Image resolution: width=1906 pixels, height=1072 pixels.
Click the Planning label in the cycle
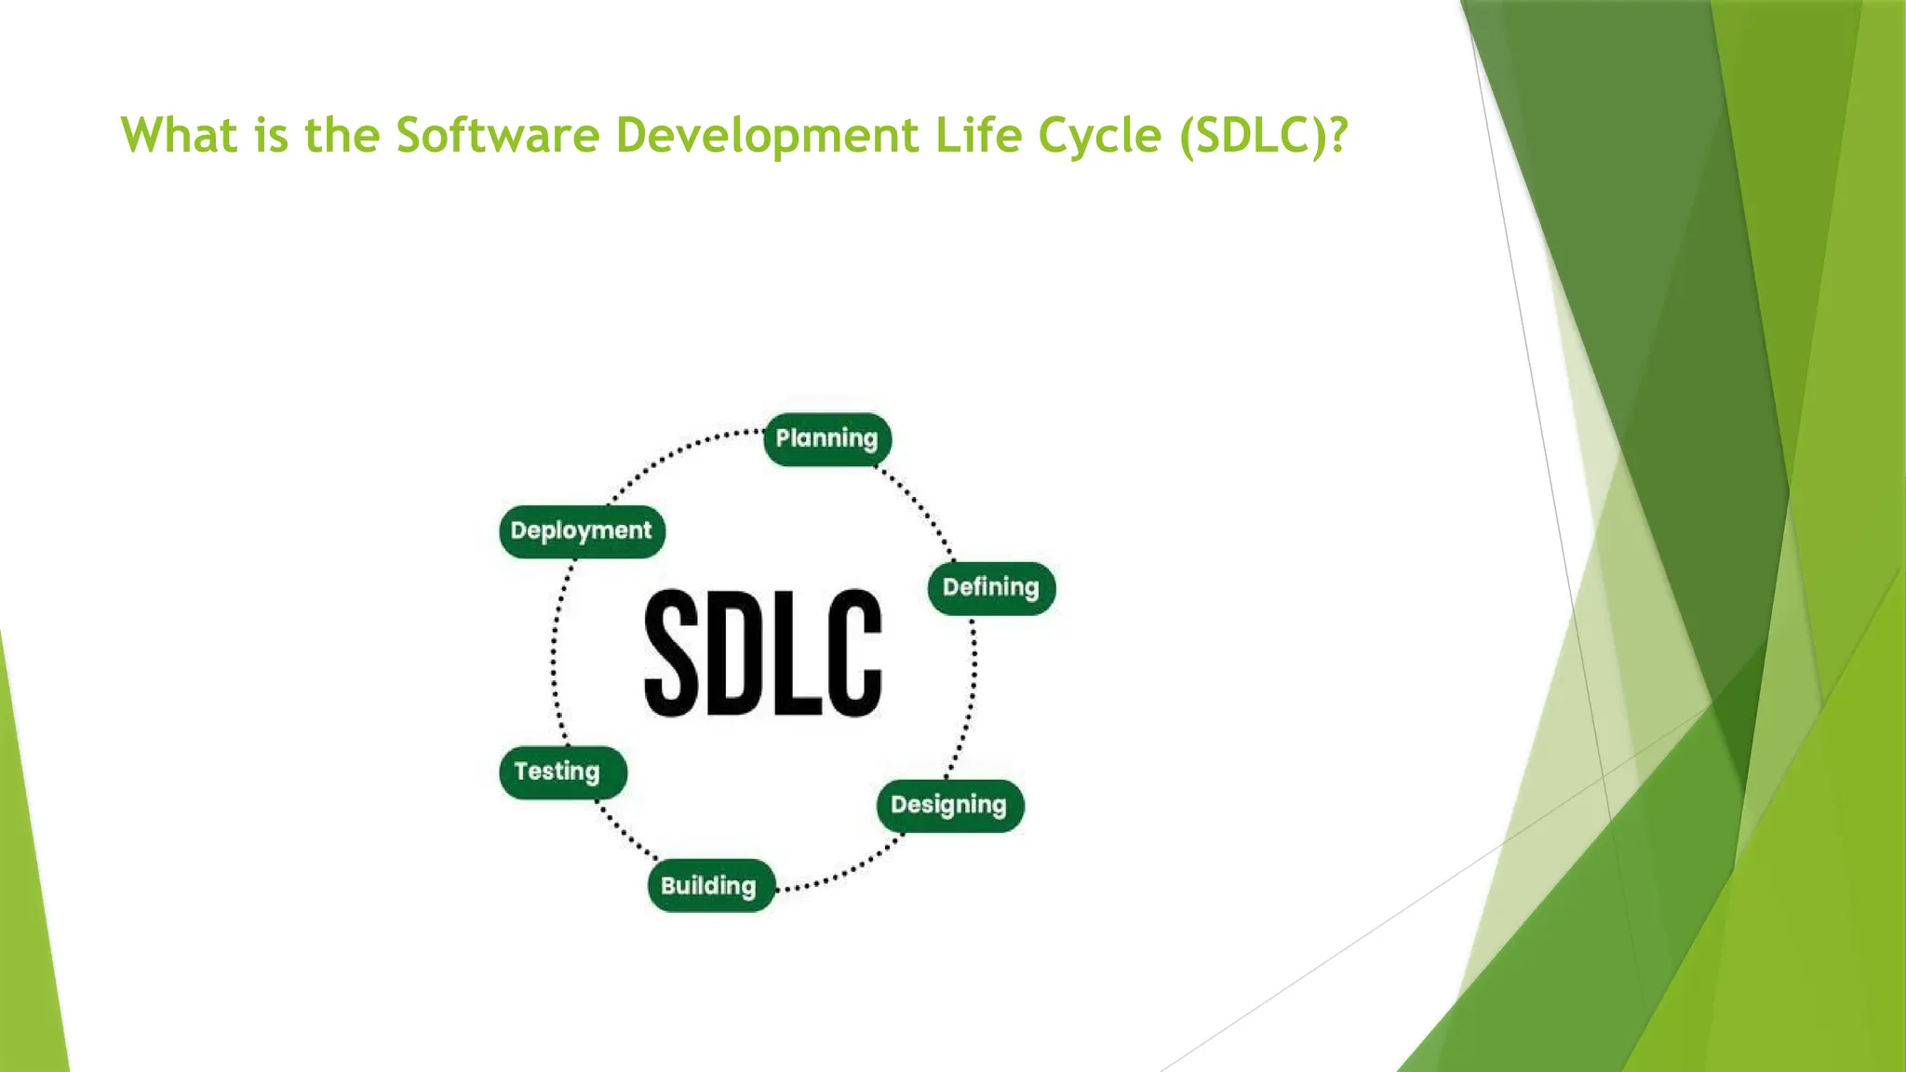point(826,438)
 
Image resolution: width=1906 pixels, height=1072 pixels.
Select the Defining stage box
point(991,587)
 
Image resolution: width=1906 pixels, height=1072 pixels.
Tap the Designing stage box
point(949,805)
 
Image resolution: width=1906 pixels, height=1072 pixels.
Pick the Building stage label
point(710,885)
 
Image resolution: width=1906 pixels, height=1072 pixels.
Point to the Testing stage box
point(562,771)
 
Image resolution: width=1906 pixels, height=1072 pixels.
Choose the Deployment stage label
point(582,530)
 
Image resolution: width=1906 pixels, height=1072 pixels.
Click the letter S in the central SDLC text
point(671,652)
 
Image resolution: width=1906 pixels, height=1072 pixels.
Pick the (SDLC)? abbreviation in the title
point(1263,135)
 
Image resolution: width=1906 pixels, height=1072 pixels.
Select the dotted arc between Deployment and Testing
point(555,651)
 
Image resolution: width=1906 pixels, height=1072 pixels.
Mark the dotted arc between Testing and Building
point(625,834)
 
